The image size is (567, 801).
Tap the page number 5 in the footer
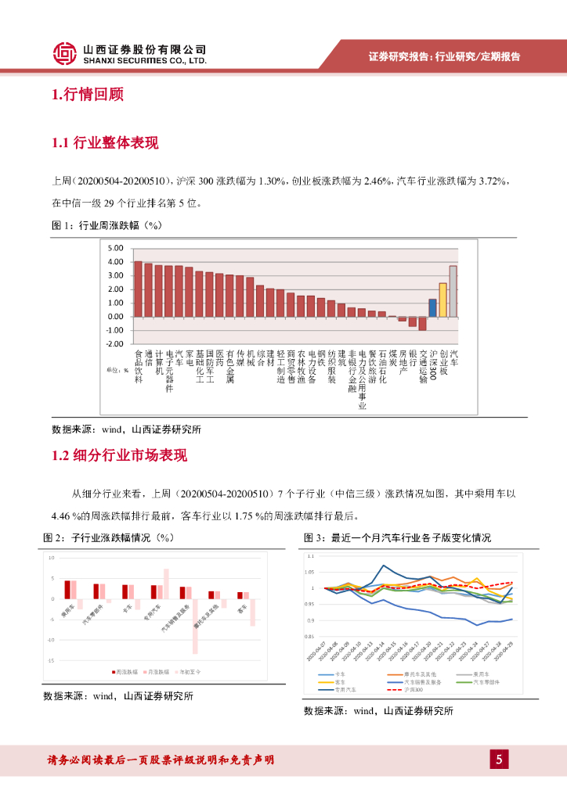[499, 760]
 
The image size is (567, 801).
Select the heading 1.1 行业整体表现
[105, 143]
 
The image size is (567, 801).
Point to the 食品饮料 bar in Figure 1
[138, 289]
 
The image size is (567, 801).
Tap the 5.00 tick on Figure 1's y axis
[116, 248]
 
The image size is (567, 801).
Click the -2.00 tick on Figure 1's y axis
[115, 344]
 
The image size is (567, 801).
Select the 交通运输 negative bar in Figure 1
[422, 323]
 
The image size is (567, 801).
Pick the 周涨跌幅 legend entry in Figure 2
[126, 671]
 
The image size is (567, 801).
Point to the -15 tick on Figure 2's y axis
[51, 660]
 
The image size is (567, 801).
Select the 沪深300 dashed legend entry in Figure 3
[406, 690]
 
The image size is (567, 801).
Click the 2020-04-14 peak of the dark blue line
[383, 565]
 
